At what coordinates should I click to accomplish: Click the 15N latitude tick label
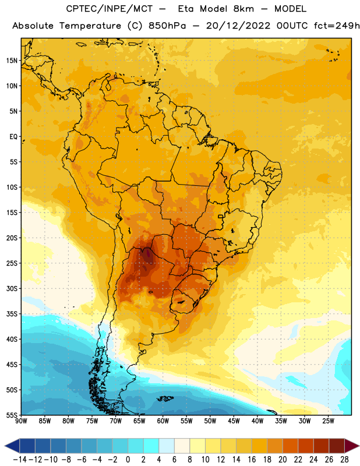pyautogui.click(x=12, y=61)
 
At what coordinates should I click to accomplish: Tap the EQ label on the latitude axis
pyautogui.click(x=13, y=137)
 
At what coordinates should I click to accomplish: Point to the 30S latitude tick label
pyautogui.click(x=12, y=288)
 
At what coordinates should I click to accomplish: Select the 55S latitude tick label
pyautogui.click(x=12, y=415)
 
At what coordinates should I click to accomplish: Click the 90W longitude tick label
pyautogui.click(x=21, y=421)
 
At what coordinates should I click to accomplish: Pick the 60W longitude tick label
pyautogui.click(x=163, y=421)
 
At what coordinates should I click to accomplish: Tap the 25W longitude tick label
pyautogui.click(x=328, y=421)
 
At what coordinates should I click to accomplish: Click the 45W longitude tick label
pyautogui.click(x=234, y=421)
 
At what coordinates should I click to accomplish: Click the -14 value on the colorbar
pyautogui.click(x=20, y=460)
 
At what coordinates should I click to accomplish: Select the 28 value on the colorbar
pyautogui.click(x=345, y=460)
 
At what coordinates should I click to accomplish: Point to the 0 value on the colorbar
pyautogui.click(x=128, y=460)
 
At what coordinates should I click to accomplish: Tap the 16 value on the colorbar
pyautogui.click(x=252, y=460)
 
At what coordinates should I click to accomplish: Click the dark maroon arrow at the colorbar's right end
pyautogui.click(x=351, y=446)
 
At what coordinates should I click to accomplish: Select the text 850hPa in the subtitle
pyautogui.click(x=167, y=26)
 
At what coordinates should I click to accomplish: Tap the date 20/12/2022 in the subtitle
pyautogui.click(x=238, y=26)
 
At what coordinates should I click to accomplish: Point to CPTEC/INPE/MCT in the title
pyautogui.click(x=110, y=9)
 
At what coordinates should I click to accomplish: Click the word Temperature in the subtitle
pyautogui.click(x=90, y=26)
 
